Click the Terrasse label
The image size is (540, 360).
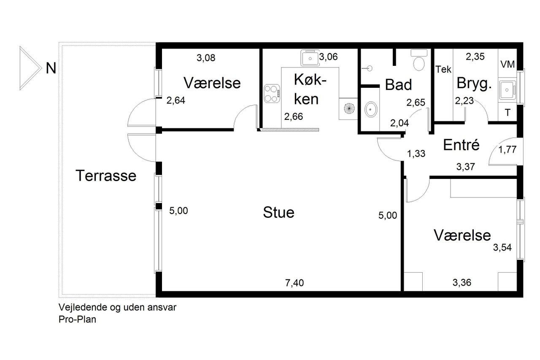(x=106, y=176)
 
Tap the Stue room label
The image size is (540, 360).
(x=279, y=212)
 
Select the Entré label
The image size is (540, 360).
(x=461, y=145)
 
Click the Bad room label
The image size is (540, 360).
(x=398, y=85)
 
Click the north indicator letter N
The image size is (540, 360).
(x=51, y=68)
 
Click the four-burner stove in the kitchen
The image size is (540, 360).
(x=272, y=93)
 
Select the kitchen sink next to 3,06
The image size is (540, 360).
(x=310, y=58)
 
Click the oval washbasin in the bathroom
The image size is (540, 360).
(x=371, y=109)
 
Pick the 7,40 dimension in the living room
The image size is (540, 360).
(x=294, y=283)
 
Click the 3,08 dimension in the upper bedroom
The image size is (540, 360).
(x=206, y=58)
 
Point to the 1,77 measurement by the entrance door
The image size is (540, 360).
(x=507, y=150)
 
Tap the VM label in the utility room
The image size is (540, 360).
(x=508, y=65)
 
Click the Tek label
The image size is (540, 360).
(x=443, y=70)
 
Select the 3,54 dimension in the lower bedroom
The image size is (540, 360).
(x=502, y=247)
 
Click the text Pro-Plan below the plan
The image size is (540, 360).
(x=77, y=319)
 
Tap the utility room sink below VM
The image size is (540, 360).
(x=507, y=90)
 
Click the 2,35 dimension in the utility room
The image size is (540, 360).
(x=475, y=57)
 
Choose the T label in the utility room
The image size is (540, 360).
(x=508, y=113)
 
